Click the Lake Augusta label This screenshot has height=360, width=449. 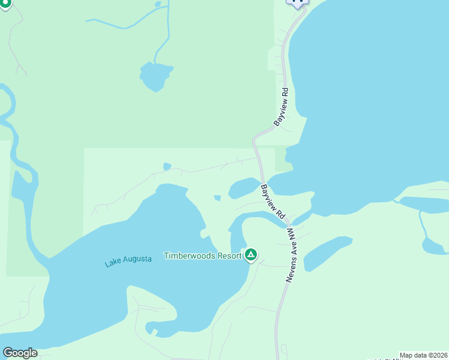click(x=128, y=260)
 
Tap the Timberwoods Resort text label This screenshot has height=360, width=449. click(x=203, y=256)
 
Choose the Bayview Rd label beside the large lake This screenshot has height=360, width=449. click(x=282, y=107)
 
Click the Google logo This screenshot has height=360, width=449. click(x=20, y=353)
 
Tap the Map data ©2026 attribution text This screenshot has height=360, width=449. click(x=424, y=355)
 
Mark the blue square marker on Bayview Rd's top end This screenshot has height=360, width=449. click(x=297, y=2)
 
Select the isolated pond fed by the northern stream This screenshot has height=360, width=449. click(x=156, y=76)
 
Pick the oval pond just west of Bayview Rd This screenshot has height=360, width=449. click(x=244, y=187)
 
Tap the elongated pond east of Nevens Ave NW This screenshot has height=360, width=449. click(x=327, y=253)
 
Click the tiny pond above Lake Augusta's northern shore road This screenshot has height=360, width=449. click(x=167, y=166)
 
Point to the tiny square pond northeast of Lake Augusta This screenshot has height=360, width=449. click(x=217, y=197)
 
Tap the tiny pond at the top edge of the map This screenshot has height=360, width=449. click(x=158, y=4)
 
